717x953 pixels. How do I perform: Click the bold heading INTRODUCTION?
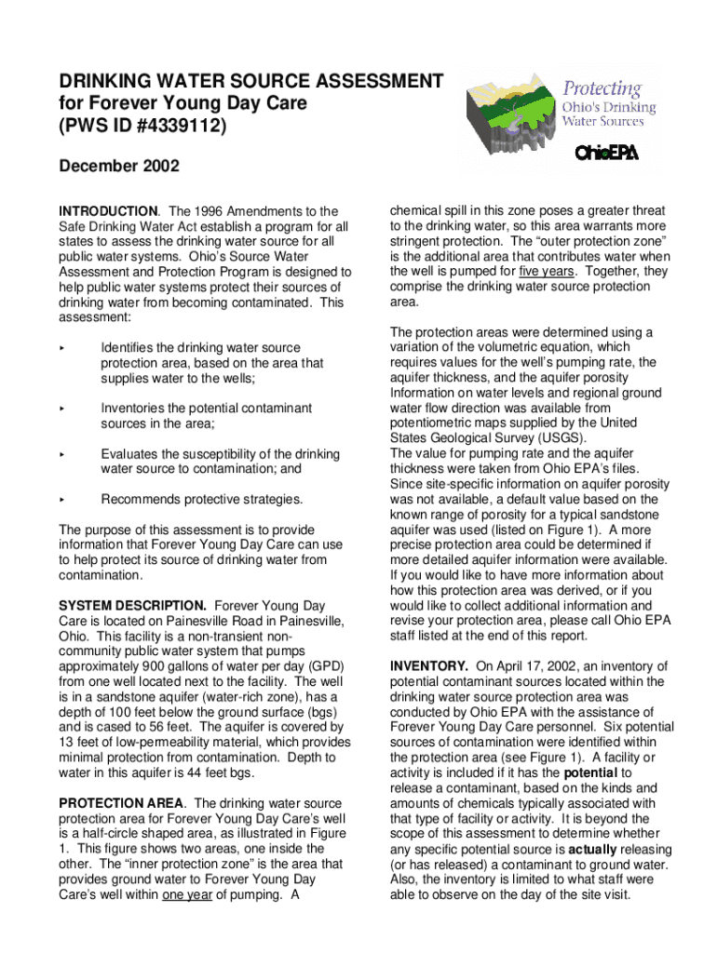point(107,211)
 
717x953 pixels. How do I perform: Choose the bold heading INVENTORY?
point(428,666)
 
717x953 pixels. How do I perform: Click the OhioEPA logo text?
point(606,153)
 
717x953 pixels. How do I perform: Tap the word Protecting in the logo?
point(602,90)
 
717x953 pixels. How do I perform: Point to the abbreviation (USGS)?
point(557,438)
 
